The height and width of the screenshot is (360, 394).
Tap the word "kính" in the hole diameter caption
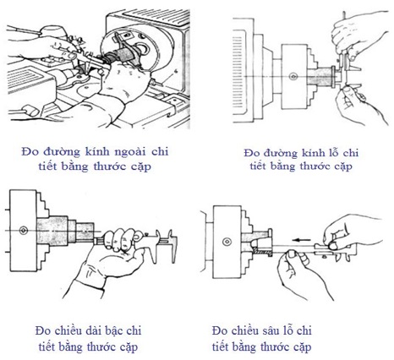click(x=313, y=153)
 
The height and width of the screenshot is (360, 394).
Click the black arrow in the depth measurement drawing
click(x=301, y=240)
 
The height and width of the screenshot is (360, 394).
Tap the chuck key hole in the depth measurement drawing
click(x=227, y=242)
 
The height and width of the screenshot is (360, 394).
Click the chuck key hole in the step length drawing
click(x=23, y=231)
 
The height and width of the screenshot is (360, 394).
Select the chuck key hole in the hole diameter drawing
click(x=293, y=76)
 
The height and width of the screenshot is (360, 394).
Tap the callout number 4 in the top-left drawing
click(x=176, y=73)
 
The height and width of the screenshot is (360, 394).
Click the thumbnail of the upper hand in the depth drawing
click(x=333, y=245)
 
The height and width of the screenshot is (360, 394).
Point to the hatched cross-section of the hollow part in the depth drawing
click(x=263, y=251)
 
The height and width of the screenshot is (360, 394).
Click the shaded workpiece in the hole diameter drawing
click(x=320, y=76)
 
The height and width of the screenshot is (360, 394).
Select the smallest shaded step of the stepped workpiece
click(x=85, y=232)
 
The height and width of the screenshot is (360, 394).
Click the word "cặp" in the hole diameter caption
click(x=343, y=166)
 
